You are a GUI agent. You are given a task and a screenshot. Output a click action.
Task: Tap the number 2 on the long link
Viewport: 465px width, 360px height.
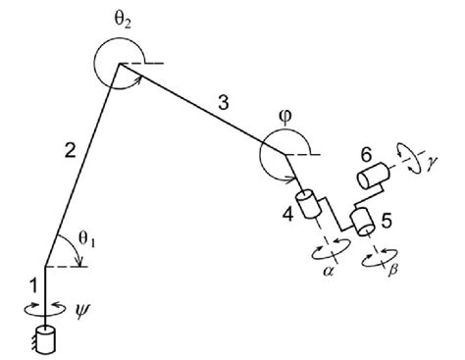click(68, 150)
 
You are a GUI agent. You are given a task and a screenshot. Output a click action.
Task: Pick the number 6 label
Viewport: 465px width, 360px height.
click(366, 154)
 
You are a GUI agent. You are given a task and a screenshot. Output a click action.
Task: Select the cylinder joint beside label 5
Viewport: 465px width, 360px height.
click(361, 222)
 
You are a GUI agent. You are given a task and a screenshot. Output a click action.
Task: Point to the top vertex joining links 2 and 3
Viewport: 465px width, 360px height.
click(120, 65)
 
